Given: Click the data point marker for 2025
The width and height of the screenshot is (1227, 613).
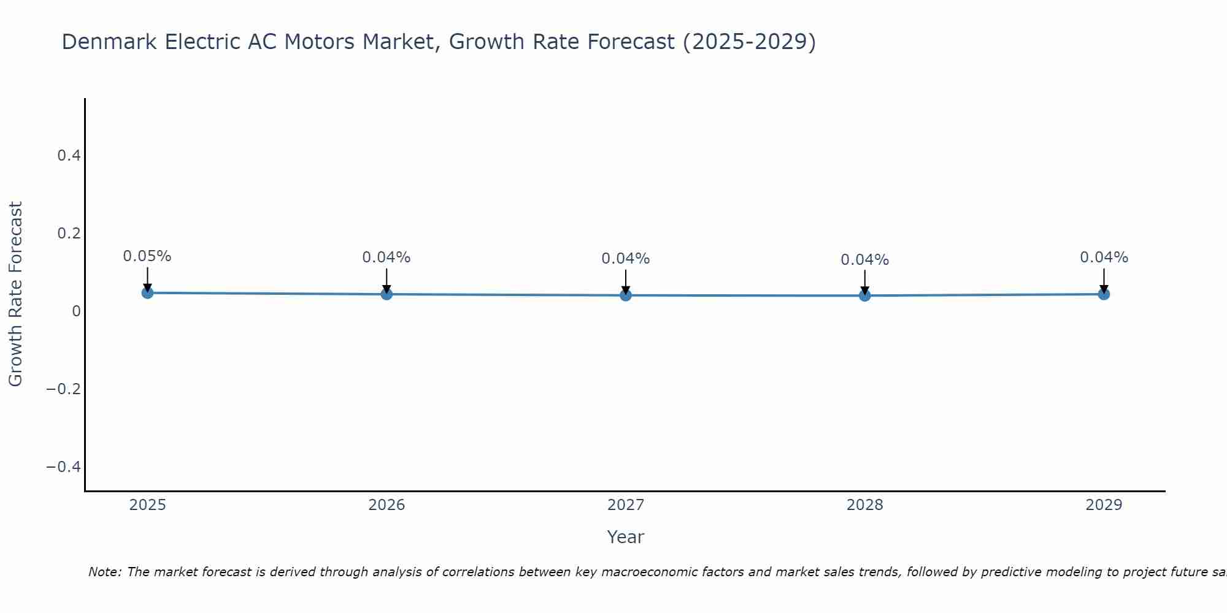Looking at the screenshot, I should point(147,293).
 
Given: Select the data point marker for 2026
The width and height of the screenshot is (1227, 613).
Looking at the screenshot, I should point(387,294).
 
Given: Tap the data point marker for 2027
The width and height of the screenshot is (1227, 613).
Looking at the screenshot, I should point(626,295).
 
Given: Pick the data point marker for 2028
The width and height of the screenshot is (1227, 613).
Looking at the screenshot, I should point(865,295).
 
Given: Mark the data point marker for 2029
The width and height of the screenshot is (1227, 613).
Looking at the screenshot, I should point(1104,294).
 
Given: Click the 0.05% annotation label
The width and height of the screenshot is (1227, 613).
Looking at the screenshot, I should point(147,256).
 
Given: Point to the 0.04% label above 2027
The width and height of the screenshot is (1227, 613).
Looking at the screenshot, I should point(626,259).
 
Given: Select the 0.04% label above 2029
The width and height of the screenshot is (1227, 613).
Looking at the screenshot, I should point(1104,257).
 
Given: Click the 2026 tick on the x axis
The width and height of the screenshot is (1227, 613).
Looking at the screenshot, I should point(387,505).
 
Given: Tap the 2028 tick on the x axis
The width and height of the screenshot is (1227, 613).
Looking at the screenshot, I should point(865,505).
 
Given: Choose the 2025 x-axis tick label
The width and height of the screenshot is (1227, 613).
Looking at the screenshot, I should point(148,505).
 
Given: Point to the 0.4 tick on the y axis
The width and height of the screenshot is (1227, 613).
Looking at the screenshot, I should point(69,156).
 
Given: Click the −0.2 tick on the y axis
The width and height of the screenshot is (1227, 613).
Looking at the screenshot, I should point(64,389).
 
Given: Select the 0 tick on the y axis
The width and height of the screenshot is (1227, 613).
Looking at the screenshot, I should point(76,311).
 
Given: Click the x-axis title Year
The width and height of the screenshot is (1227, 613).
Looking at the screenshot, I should point(625,537).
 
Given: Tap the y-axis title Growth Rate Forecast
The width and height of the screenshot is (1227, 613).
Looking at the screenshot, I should point(16,294).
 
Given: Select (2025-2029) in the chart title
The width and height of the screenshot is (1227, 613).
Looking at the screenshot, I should point(749,42).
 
